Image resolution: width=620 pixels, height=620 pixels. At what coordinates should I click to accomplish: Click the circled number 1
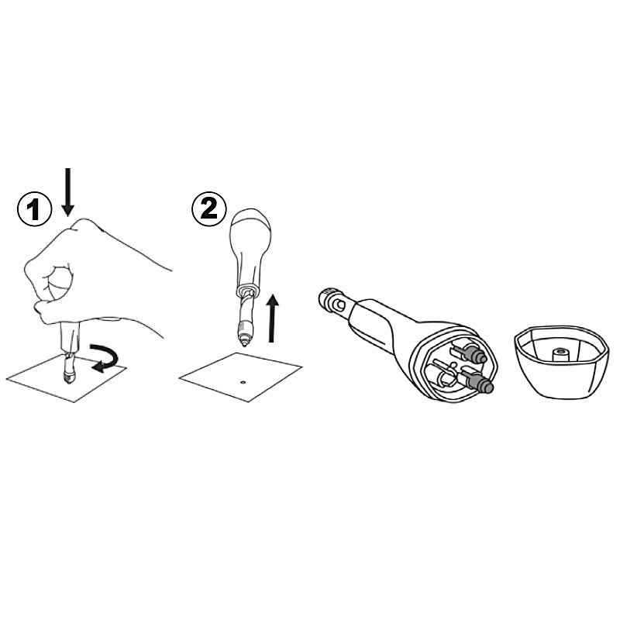35,209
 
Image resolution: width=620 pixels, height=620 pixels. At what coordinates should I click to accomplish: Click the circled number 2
209,208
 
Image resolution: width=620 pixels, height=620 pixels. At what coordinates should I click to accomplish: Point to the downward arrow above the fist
68,192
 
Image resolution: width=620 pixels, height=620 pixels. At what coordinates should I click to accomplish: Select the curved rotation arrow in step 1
105,358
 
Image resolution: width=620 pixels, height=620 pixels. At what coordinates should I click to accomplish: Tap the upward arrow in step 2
272,319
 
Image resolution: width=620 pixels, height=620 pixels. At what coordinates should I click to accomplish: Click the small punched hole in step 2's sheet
243,382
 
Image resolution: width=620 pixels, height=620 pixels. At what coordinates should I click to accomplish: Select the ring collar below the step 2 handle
247,291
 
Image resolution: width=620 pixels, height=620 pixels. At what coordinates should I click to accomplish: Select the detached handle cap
560,360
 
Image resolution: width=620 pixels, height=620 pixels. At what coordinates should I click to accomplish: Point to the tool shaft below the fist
69,348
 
